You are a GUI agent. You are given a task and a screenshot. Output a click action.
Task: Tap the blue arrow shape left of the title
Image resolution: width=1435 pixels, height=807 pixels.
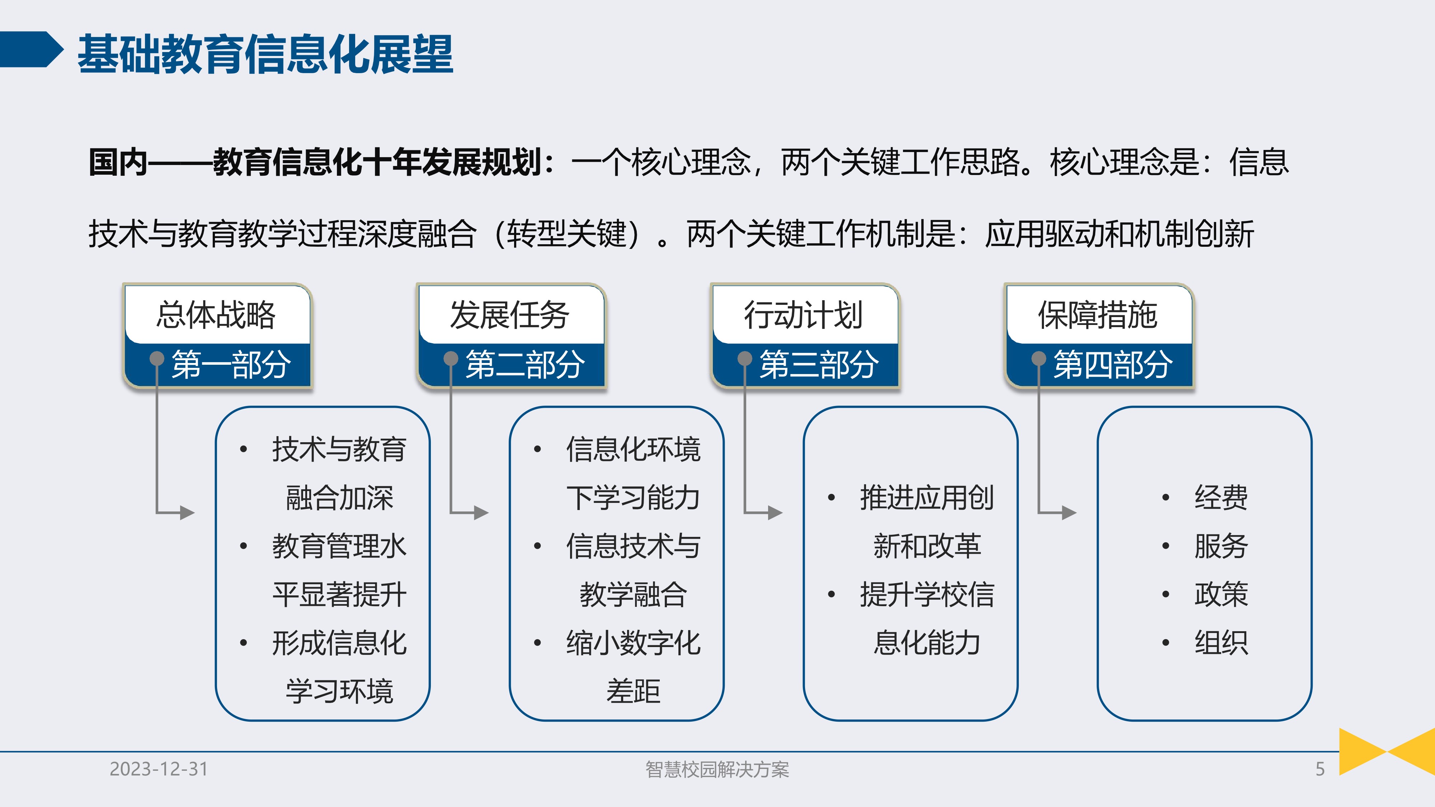tap(30, 49)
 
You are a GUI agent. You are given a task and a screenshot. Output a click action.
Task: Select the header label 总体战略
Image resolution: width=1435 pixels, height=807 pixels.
tap(216, 315)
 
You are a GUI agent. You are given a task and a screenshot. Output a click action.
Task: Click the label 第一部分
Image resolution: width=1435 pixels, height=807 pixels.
tap(231, 365)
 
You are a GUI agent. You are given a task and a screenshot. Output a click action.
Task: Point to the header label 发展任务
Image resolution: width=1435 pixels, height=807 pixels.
tap(510, 315)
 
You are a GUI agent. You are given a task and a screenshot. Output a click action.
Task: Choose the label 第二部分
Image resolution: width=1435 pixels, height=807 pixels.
tap(525, 365)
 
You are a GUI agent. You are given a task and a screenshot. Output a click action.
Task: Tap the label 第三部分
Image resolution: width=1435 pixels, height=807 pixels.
tap(819, 365)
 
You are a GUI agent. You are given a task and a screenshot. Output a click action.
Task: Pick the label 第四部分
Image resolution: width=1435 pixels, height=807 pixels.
tap(1113, 365)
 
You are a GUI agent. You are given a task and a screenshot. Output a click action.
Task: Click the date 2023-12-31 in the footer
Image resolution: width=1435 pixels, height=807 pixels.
tap(159, 769)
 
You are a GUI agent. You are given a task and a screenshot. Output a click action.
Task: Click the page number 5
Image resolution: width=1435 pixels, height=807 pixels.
tap(1320, 769)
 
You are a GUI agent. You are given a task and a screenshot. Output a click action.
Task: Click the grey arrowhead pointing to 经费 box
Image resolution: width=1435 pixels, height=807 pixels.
tap(1069, 513)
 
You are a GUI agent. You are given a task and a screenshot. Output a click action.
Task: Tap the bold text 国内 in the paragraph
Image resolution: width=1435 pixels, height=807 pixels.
tap(118, 162)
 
